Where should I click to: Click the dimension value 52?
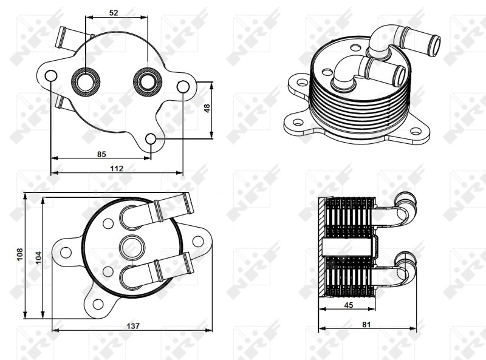pos(114,13)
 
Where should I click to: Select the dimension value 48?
pos(207,108)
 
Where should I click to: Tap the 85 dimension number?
pos(101,154)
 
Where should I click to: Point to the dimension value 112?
pos(117,169)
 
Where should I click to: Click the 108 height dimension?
pos(20,254)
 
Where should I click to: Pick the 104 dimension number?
pos(38,257)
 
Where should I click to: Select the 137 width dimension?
pos(133,326)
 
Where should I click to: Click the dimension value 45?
pos(349,305)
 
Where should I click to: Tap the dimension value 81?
pos(366,324)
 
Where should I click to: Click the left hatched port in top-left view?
pos(86,82)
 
